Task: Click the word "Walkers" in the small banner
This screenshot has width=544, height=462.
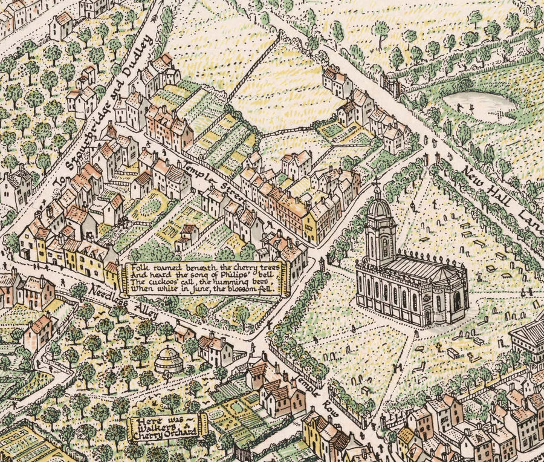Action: pos(164,425)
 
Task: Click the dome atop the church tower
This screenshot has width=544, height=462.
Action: pos(378,208)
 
